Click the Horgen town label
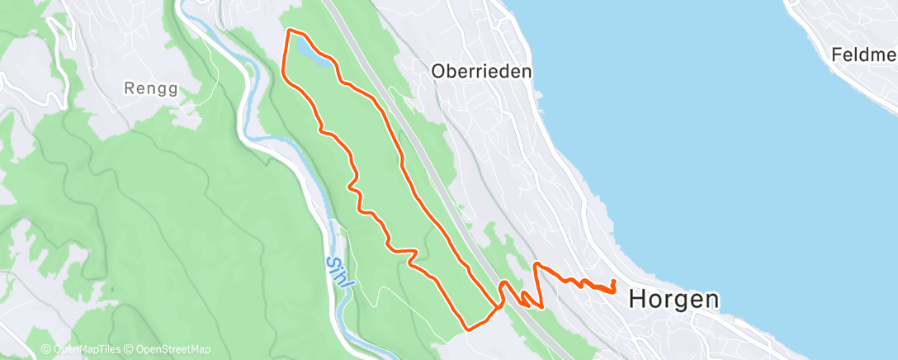point(673,300)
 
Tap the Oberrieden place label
point(481,72)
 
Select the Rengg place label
point(150,87)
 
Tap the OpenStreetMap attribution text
point(168,350)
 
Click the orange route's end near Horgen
point(614,282)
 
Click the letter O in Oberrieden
point(438,72)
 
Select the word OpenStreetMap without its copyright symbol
point(172,350)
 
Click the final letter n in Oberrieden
point(527,72)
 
